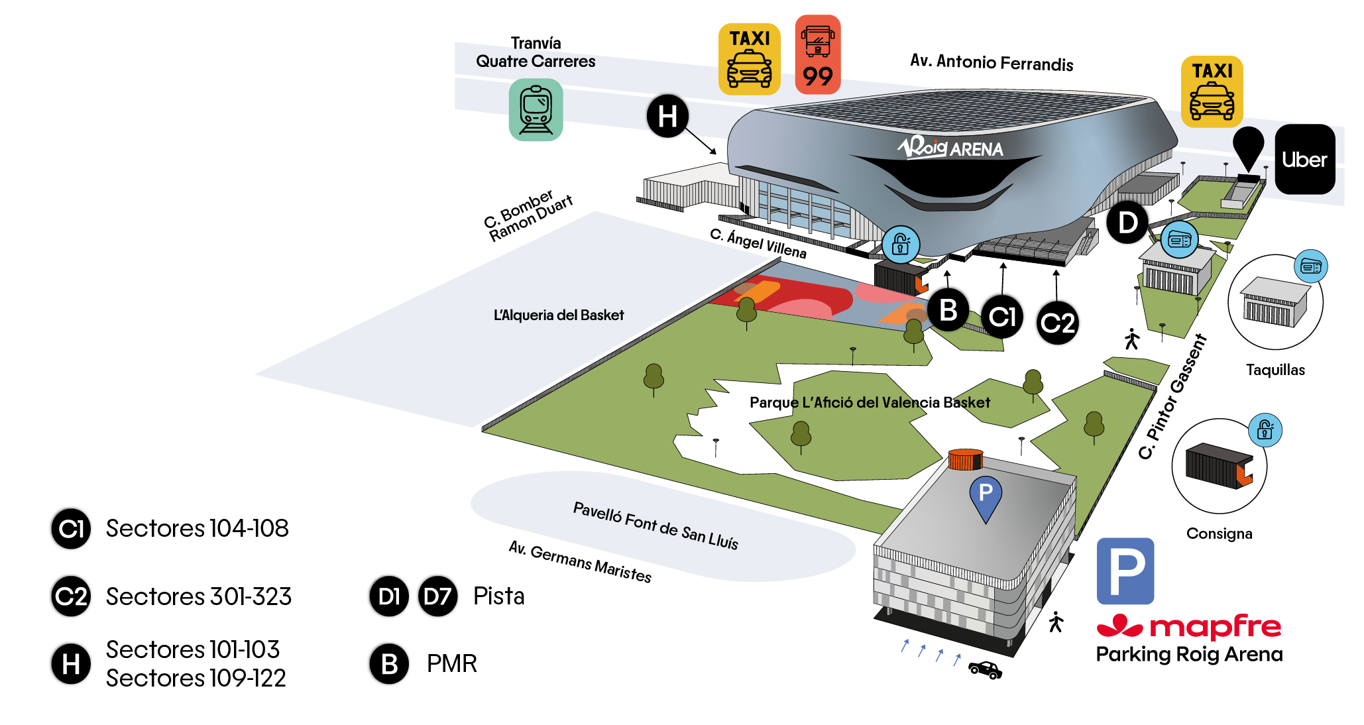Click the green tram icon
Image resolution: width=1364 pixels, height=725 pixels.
click(536, 109)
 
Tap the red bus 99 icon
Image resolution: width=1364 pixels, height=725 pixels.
click(818, 54)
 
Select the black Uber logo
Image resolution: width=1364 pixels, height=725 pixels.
click(1304, 159)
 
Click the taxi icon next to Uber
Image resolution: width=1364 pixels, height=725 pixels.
click(1212, 91)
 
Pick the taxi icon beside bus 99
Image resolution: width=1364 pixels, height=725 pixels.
click(749, 59)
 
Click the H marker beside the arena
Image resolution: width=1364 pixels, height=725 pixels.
click(667, 116)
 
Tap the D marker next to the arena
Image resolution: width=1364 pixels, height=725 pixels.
click(1127, 223)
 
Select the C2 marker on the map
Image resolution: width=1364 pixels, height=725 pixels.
click(1057, 323)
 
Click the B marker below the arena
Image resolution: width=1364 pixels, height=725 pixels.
click(948, 309)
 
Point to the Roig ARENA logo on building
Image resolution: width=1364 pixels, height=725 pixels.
click(950, 147)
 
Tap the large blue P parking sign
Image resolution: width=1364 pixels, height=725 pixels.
click(1125, 571)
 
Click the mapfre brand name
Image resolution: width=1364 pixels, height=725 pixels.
click(1216, 626)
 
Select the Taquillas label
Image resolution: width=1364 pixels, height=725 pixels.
click(1275, 370)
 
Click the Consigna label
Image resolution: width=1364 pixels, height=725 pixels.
click(1220, 533)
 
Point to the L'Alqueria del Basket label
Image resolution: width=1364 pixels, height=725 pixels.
click(559, 315)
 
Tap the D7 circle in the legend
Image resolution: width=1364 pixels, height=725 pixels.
click(437, 596)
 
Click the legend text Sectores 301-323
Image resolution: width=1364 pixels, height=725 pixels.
click(199, 596)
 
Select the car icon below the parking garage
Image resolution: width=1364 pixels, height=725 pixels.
click(985, 670)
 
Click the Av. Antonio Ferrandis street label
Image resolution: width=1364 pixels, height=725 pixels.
click(992, 62)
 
